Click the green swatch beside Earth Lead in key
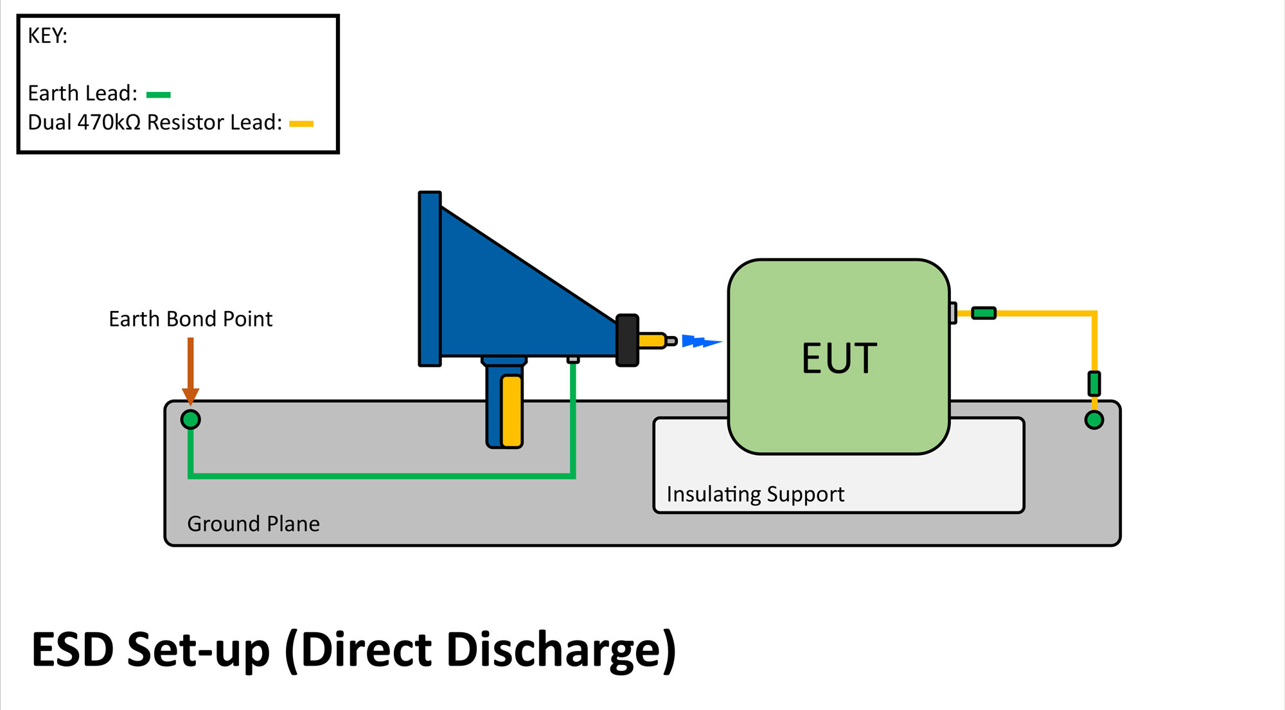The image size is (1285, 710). (x=158, y=95)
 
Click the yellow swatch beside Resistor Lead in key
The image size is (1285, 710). (x=301, y=124)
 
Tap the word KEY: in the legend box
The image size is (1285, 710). (x=48, y=36)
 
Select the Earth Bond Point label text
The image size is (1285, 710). (x=190, y=319)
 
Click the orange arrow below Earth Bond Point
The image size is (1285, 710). (x=190, y=369)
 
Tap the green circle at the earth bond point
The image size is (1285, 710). (x=190, y=420)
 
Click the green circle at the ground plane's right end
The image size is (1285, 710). (x=1094, y=420)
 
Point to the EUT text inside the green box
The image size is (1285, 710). (x=839, y=358)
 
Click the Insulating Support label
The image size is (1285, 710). (x=755, y=494)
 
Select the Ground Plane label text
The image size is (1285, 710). (x=253, y=524)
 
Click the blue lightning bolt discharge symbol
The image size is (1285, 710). (x=700, y=341)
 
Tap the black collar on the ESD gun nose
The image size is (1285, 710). (x=627, y=340)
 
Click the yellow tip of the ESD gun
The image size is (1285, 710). (x=651, y=341)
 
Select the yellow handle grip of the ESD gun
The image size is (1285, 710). (x=511, y=411)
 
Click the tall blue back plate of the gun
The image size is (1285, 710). (x=430, y=279)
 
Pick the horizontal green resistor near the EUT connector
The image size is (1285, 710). (x=983, y=313)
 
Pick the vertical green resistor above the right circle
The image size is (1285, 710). (x=1094, y=384)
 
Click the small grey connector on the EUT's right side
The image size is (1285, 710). (x=953, y=313)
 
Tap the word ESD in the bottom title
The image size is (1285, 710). (x=73, y=650)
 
